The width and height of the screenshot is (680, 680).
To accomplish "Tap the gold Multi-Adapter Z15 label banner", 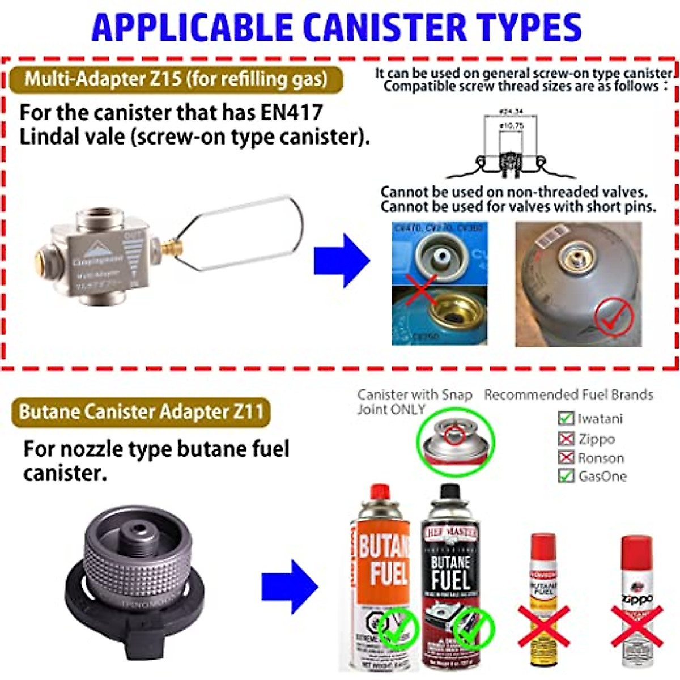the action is click(x=176, y=79).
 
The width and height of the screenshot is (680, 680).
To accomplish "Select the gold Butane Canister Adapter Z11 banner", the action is click(x=141, y=412).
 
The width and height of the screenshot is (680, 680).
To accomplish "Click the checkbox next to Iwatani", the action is click(x=566, y=419).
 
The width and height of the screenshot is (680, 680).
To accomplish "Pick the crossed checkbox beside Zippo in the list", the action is click(x=566, y=439).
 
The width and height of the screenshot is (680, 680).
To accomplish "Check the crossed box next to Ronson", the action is click(x=566, y=457).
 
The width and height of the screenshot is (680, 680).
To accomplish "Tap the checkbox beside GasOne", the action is click(x=566, y=476).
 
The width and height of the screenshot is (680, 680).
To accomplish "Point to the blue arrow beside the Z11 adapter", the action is click(x=289, y=586).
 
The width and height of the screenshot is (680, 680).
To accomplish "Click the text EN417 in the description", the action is click(x=291, y=112).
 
